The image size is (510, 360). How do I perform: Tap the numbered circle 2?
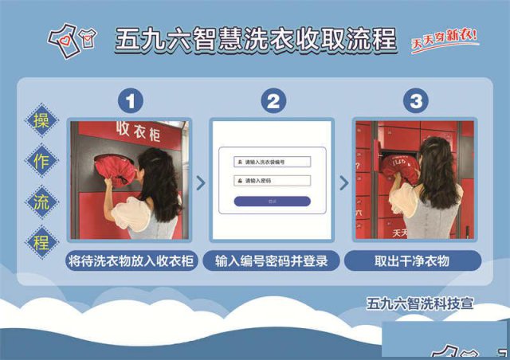[273, 101]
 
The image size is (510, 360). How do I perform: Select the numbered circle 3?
[414, 101]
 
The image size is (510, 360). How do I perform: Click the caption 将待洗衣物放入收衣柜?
[130, 260]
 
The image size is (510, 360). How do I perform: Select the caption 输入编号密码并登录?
[273, 260]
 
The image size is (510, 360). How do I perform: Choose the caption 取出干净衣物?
[414, 260]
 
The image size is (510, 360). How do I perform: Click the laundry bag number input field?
[273, 162]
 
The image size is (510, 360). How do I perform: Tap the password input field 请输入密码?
[273, 181]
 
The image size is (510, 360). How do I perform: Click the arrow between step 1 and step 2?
[200, 182]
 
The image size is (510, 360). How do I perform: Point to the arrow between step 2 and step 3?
[343, 182]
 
